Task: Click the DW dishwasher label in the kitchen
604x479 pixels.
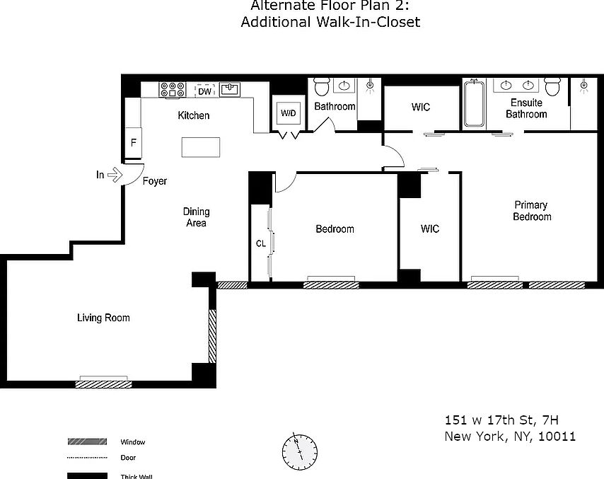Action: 204,91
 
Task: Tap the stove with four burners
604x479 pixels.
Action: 173,90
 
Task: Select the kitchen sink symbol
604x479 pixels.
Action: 231,89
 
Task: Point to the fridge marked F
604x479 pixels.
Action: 133,142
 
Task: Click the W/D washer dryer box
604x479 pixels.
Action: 288,113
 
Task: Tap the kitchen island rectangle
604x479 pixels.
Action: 201,146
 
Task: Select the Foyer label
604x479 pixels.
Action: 155,181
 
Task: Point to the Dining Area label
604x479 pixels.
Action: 196,217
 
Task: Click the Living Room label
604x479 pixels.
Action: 103,318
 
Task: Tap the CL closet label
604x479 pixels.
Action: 260,243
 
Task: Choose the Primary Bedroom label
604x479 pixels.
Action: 532,211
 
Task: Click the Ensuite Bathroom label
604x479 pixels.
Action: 526,108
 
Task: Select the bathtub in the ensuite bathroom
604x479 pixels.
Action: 474,104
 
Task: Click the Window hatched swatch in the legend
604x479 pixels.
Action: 86,442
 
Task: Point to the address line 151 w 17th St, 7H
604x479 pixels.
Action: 496,420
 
